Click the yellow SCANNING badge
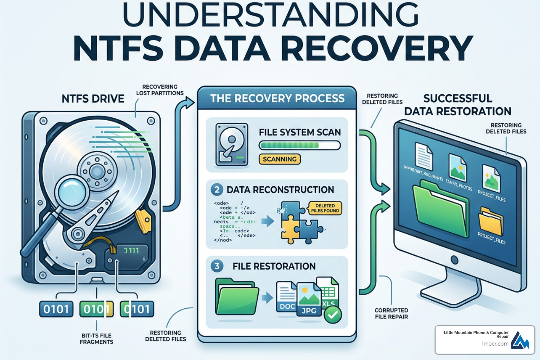click(x=279, y=159)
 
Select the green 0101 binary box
click(x=96, y=309)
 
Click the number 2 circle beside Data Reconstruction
click(x=217, y=190)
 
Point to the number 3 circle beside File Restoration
click(x=217, y=266)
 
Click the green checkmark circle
click(x=333, y=314)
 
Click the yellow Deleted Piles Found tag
click(x=325, y=208)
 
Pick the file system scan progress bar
click(x=300, y=145)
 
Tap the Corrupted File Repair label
click(x=391, y=313)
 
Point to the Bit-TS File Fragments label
click(x=96, y=339)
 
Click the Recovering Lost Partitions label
click(x=160, y=90)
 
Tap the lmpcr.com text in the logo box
click(x=495, y=343)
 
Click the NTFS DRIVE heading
click(x=93, y=98)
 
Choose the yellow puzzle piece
click(x=290, y=229)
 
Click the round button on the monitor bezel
click(x=454, y=260)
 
